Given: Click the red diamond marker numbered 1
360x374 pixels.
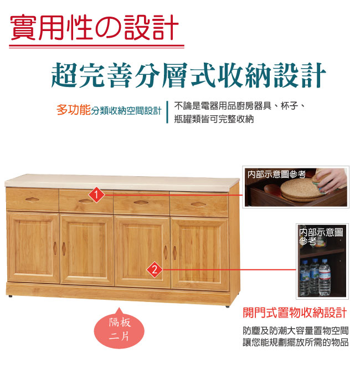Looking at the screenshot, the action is click(x=96, y=195).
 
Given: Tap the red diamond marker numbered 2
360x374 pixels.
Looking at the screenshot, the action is click(x=155, y=270).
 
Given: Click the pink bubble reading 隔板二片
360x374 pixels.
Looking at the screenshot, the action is click(x=119, y=329).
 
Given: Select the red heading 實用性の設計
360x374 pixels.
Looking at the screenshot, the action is click(x=95, y=28).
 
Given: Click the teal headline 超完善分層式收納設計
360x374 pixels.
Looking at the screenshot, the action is click(x=188, y=75).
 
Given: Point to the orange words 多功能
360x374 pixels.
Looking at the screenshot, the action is click(x=74, y=110).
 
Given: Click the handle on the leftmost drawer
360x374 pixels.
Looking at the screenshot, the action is click(x=33, y=199).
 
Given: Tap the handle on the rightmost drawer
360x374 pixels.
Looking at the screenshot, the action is click(x=198, y=204).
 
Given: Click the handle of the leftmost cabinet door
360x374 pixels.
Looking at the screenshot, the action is click(x=55, y=248).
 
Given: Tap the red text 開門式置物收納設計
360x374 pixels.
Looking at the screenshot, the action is click(x=295, y=312).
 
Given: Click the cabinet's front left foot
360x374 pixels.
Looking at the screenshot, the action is click(x=11, y=296).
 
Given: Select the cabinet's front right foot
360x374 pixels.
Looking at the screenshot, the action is click(x=228, y=306).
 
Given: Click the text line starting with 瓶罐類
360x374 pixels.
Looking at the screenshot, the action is click(x=214, y=119).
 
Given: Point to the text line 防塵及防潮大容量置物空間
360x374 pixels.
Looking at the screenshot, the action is click(x=296, y=331).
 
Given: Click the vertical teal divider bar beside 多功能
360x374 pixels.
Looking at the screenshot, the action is click(x=167, y=112).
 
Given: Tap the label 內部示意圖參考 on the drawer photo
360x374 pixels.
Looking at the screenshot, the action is click(x=276, y=175).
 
